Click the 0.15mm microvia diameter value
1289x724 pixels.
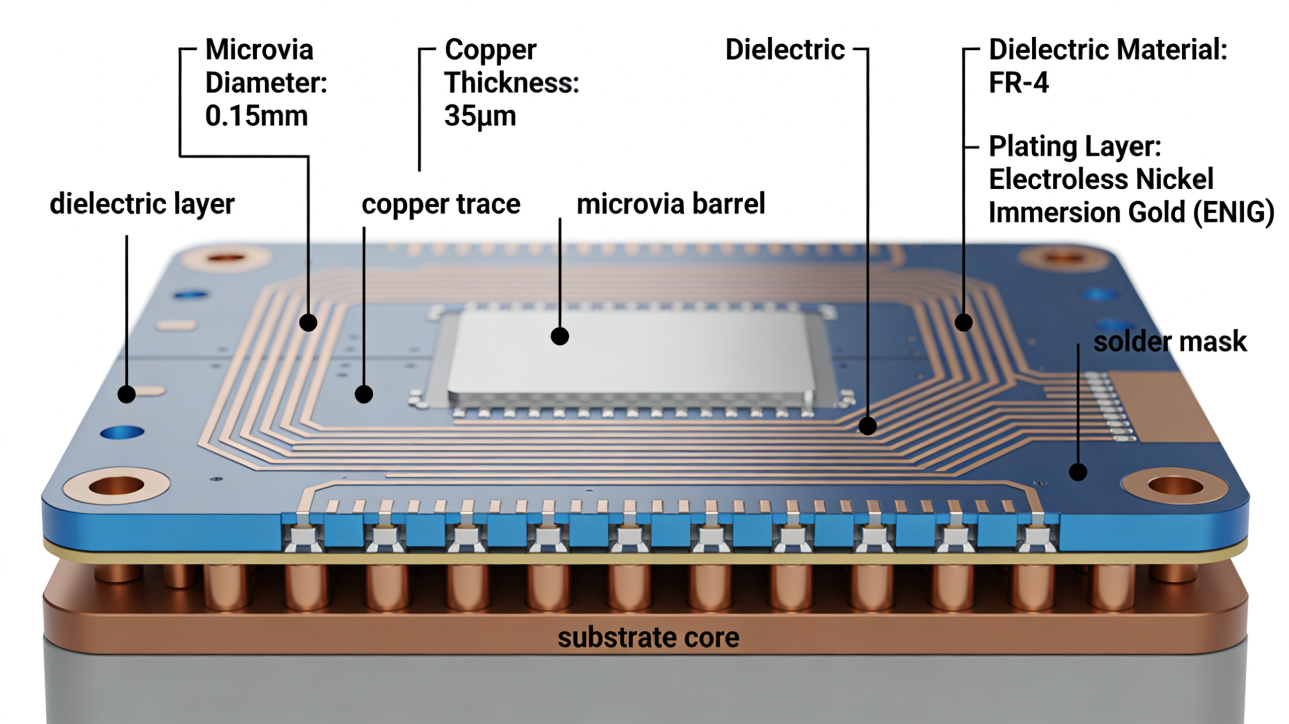pos(256,116)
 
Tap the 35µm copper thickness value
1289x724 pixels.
pos(479,116)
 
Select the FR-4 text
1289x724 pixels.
pos(1018,83)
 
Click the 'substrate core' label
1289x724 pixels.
pos(648,637)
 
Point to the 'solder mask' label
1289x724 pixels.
pos(1170,342)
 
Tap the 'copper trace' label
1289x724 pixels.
pos(441,204)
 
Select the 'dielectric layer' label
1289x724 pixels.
pos(142,204)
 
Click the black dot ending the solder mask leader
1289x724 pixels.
pos(1078,472)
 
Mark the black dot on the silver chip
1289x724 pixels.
pos(559,336)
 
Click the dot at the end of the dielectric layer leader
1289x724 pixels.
pos(126,394)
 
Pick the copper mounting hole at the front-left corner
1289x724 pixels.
pos(116,486)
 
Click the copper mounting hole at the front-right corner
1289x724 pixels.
pos(1175,487)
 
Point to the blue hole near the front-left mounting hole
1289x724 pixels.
pos(122,432)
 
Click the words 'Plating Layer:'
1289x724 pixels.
pos(1075,146)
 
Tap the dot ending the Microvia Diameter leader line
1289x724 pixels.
pos(308,322)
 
